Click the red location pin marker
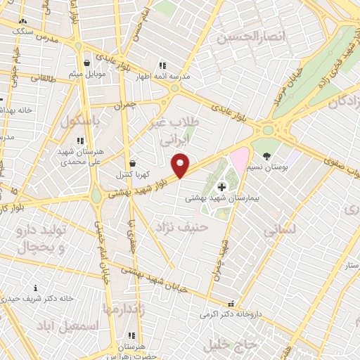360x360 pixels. click(x=181, y=165)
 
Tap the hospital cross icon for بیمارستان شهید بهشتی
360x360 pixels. click(x=222, y=186)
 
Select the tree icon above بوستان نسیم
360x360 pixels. click(x=266, y=155)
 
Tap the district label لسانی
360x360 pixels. click(x=280, y=230)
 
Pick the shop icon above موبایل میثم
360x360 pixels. click(x=86, y=63)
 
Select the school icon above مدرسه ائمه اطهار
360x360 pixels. click(x=162, y=65)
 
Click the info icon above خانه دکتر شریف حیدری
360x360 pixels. click(x=36, y=288)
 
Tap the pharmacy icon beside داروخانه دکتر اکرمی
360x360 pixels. click(x=230, y=304)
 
